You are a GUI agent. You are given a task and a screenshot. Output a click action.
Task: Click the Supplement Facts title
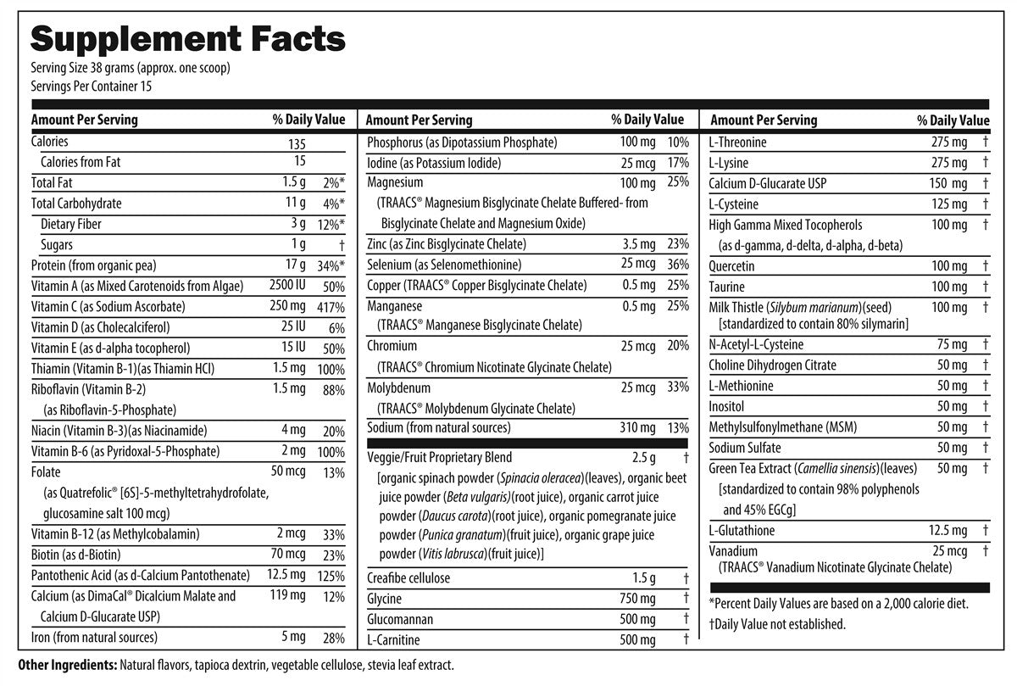187,38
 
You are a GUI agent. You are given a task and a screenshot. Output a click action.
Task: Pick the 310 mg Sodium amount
637,428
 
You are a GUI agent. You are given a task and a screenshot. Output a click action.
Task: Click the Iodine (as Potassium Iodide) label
434,163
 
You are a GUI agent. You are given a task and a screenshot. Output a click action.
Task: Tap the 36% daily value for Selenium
678,265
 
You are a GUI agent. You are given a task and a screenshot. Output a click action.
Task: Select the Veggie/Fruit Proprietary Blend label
439,458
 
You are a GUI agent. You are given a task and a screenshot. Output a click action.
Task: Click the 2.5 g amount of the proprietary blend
643,458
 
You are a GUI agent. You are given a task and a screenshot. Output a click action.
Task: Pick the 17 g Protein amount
295,265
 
